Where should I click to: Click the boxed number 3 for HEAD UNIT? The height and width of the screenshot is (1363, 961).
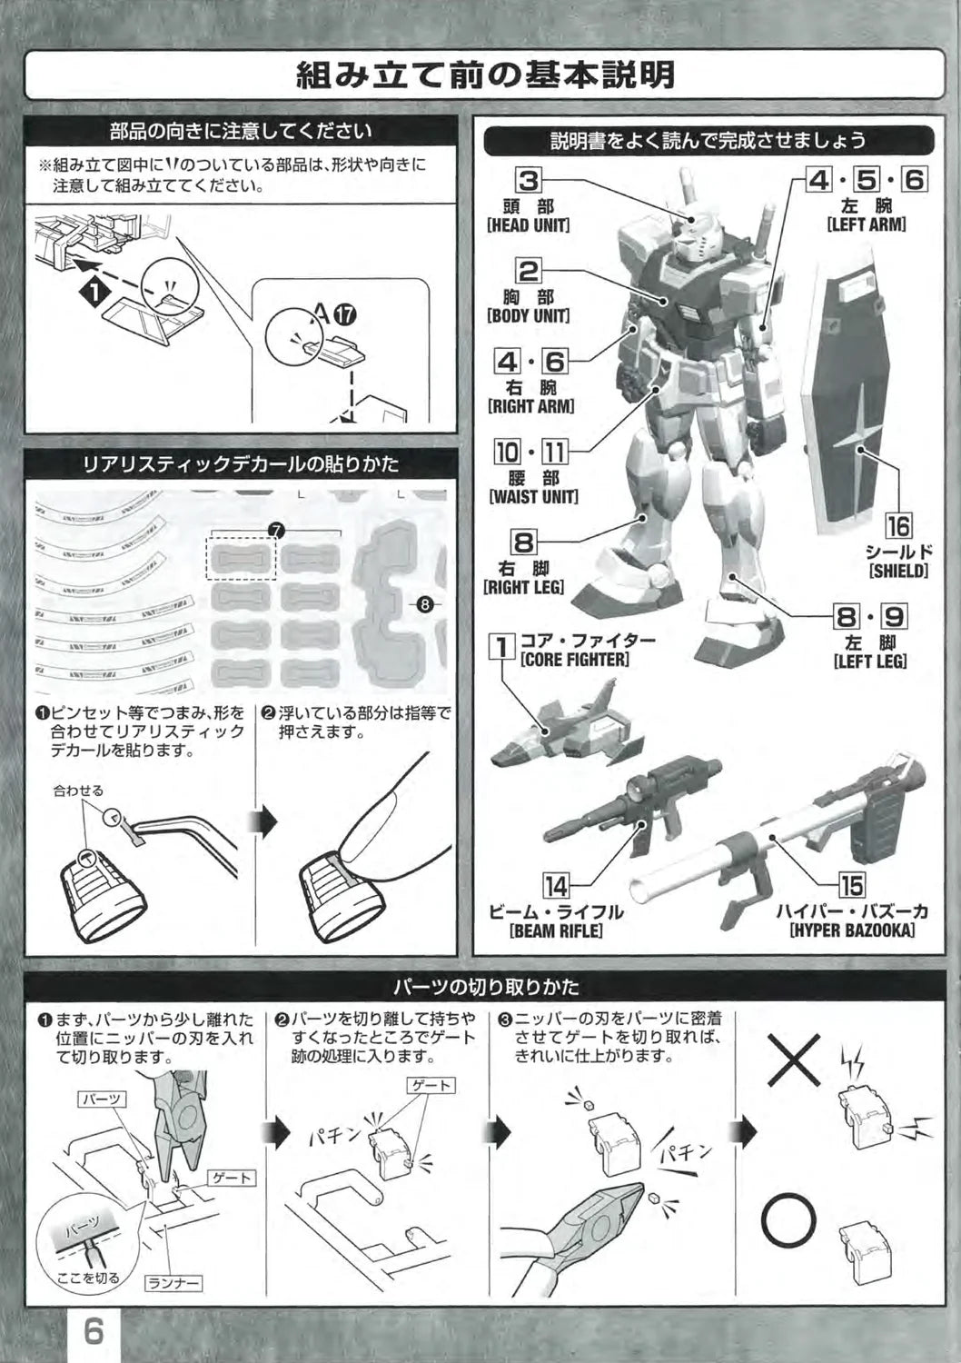click(530, 181)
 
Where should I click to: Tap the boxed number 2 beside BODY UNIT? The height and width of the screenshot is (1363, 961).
click(530, 271)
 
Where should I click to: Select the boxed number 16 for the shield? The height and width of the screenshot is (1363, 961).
click(897, 526)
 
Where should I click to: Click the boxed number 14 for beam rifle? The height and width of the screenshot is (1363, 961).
click(557, 887)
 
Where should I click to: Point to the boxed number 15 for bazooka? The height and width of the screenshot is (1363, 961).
click(851, 886)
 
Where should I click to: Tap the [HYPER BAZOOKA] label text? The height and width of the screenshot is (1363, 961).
click(852, 930)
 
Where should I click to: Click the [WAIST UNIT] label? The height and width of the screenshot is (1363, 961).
click(533, 496)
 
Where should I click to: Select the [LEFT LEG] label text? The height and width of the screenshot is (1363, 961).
click(870, 661)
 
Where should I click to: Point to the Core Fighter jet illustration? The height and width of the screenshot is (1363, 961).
click(567, 723)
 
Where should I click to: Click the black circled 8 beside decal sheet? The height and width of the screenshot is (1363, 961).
click(425, 604)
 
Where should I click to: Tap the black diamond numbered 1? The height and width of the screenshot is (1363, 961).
click(96, 292)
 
